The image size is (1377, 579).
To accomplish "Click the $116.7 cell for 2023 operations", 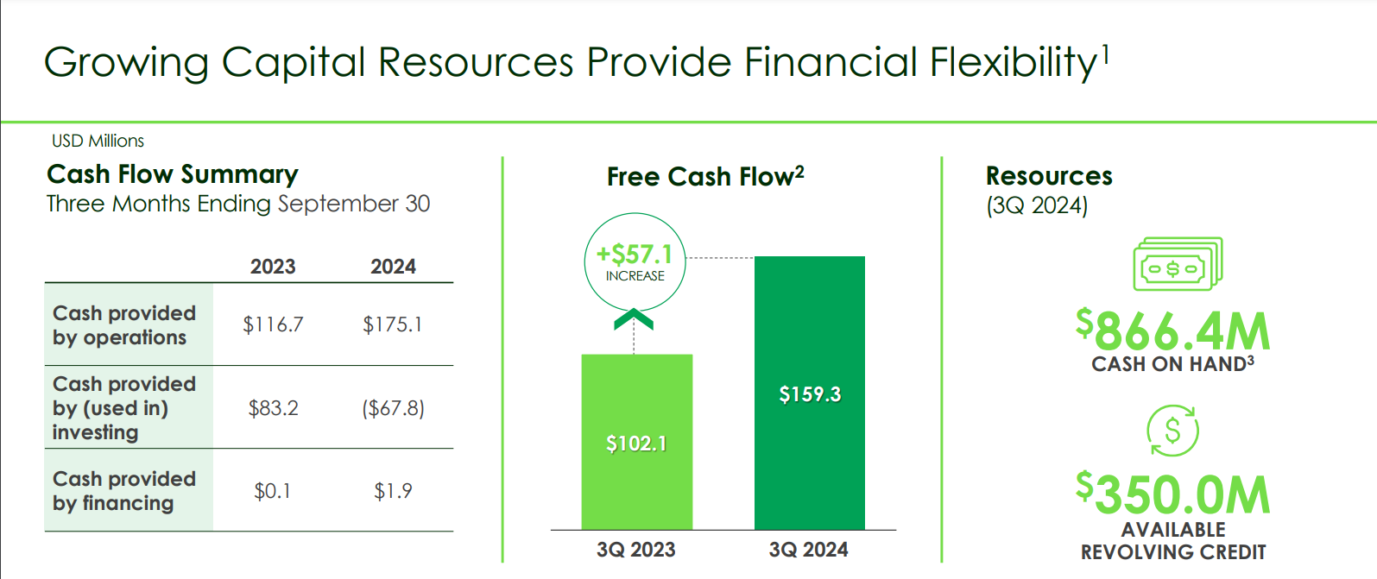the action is [273, 324].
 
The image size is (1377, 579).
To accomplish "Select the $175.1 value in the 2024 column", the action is [392, 324].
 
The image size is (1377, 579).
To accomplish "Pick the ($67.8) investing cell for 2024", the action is [393, 408].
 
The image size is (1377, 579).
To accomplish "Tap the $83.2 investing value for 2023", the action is [273, 408].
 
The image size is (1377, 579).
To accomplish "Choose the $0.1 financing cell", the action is [272, 491].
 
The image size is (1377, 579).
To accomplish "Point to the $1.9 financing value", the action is [393, 491].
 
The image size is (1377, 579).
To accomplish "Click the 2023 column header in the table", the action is [273, 267].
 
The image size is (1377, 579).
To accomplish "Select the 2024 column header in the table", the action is [393, 267].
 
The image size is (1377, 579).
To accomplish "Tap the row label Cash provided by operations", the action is [124, 325].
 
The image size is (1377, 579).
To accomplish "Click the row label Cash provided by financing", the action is [124, 491].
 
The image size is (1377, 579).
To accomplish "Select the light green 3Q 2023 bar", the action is [637, 442].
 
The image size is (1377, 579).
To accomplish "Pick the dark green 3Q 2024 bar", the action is [810, 393].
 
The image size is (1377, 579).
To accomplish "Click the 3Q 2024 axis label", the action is [808, 550].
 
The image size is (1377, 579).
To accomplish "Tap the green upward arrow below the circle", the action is [634, 319].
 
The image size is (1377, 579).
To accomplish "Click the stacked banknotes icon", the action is [1178, 264].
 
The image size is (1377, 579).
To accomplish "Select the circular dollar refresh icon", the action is [1172, 431].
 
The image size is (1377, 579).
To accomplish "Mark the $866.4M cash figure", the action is [1173, 330].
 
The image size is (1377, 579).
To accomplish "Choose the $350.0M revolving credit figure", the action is [1173, 494].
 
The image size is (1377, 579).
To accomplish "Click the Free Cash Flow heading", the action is [705, 176].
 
